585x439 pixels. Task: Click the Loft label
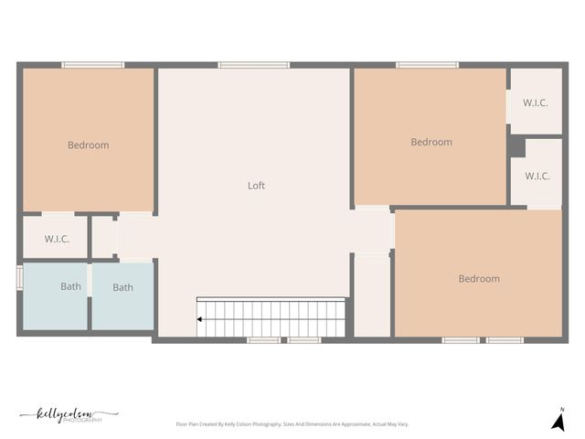[256, 186]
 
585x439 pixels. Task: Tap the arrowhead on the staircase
[199, 319]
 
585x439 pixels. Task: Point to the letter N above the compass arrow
[562, 409]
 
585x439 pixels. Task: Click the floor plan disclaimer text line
[292, 424]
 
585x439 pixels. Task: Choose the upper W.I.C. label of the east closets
[535, 102]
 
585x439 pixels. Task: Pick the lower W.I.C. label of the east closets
[537, 176]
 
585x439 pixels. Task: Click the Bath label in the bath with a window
[70, 286]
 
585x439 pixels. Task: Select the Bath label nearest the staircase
[122, 287]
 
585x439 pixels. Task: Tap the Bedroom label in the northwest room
[88, 145]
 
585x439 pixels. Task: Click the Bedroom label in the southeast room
[479, 278]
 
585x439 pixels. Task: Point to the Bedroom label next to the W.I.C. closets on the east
[431, 142]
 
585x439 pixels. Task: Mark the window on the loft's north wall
[253, 65]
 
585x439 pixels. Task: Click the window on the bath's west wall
[19, 277]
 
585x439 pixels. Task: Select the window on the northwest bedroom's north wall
[92, 65]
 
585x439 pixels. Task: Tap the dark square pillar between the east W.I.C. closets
[516, 146]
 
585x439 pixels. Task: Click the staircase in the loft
[272, 316]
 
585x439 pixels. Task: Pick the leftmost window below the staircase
[263, 340]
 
